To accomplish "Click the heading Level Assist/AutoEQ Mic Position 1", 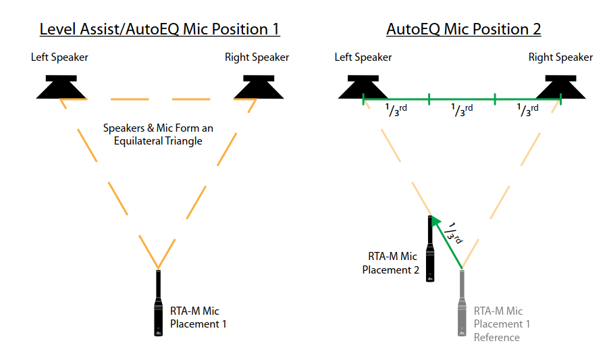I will point(159,29).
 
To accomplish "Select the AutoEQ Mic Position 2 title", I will point(463,29).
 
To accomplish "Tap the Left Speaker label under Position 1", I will point(59,57).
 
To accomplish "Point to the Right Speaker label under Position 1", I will point(257,57).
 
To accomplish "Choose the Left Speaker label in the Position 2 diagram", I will point(363,57).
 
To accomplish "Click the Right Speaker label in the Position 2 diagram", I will point(560,57).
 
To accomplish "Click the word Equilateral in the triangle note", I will point(144,141).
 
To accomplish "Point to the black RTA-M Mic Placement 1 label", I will point(198,317).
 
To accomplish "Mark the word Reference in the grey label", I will point(496,337).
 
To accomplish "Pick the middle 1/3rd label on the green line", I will point(462,109).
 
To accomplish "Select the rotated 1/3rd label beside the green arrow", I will point(456,233).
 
